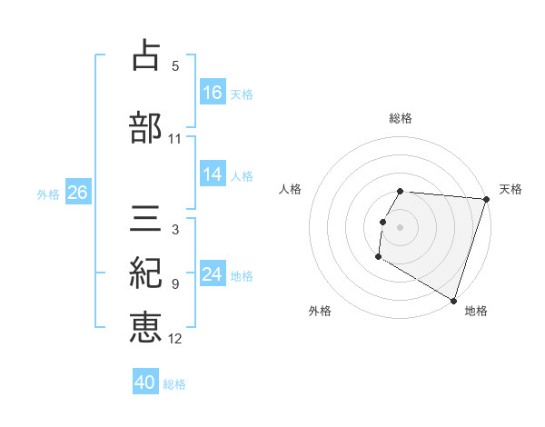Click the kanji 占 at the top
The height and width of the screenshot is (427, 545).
145,55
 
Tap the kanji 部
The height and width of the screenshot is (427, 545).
145,128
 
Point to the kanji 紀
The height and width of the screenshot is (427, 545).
145,273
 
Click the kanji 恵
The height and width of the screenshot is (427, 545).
145,328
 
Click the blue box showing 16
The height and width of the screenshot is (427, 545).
213,93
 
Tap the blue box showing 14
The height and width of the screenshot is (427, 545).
213,174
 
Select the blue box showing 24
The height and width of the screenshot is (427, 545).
213,274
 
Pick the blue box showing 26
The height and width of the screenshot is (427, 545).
77,193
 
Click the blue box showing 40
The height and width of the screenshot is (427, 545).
145,383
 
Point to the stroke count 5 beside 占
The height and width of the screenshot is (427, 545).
175,66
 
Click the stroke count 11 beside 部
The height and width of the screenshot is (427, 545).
175,139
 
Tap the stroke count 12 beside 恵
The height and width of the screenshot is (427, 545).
175,339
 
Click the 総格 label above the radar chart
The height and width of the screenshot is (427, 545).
401,118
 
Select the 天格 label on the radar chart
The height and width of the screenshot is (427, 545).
510,189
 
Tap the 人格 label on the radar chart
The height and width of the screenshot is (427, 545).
291,189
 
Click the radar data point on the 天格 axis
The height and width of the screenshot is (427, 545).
486,199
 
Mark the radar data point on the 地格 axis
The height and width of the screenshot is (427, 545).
453,300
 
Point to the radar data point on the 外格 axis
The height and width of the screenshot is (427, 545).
378,257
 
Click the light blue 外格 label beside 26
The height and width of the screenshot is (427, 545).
48,194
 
